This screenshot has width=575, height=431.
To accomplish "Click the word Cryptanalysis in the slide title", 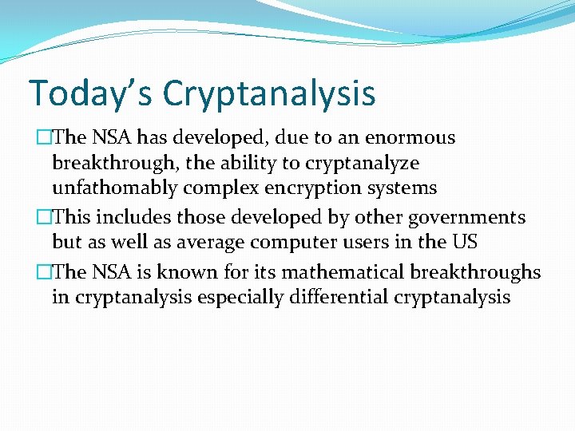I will [x=269, y=94].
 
